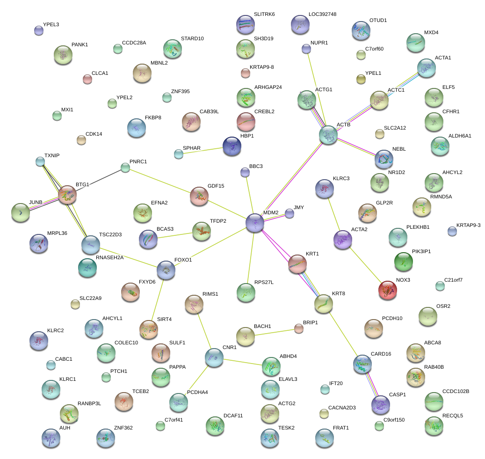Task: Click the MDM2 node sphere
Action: [x=255, y=222]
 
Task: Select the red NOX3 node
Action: [x=387, y=290]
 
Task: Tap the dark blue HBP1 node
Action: [x=232, y=146]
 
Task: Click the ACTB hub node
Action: [x=328, y=135]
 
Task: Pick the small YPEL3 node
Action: [x=39, y=31]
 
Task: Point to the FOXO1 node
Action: [x=166, y=270]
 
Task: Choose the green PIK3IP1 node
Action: [x=403, y=262]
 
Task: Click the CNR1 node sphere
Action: [x=214, y=357]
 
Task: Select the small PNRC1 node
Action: [x=125, y=168]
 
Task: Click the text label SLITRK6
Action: [x=264, y=15]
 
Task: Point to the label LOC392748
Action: [x=322, y=15]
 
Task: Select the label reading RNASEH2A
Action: [x=110, y=257]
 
